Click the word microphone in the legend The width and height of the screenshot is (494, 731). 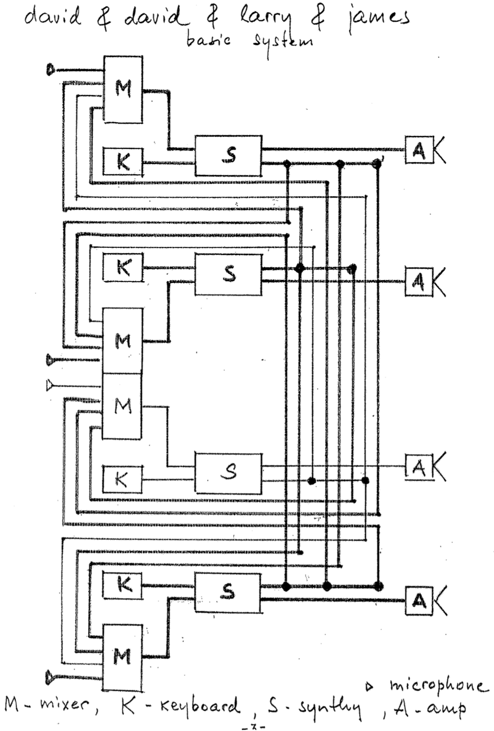point(437,686)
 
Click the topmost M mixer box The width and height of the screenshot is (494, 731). point(123,89)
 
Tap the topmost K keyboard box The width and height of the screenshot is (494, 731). point(123,161)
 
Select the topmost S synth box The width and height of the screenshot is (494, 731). point(228,155)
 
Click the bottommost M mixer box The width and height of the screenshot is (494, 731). point(122,658)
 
